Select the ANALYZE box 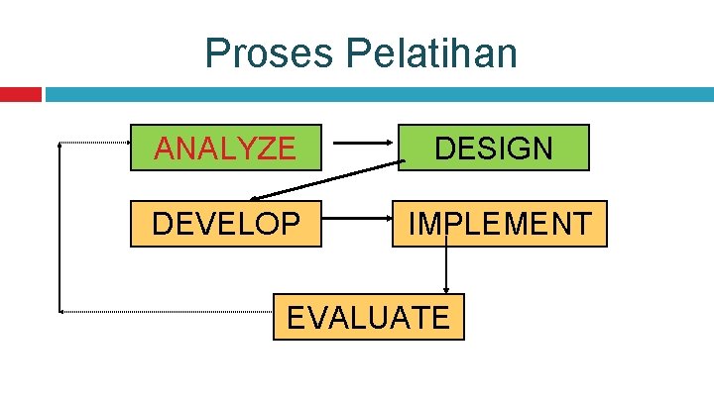click(x=226, y=148)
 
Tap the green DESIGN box click(x=494, y=148)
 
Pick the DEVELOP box click(x=226, y=223)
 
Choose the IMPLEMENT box click(x=499, y=223)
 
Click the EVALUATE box click(x=368, y=317)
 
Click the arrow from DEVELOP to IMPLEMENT click(x=357, y=223)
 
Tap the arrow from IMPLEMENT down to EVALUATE click(x=446, y=269)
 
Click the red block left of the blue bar click(x=20, y=95)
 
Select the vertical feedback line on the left click(x=60, y=228)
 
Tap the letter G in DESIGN click(x=517, y=149)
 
